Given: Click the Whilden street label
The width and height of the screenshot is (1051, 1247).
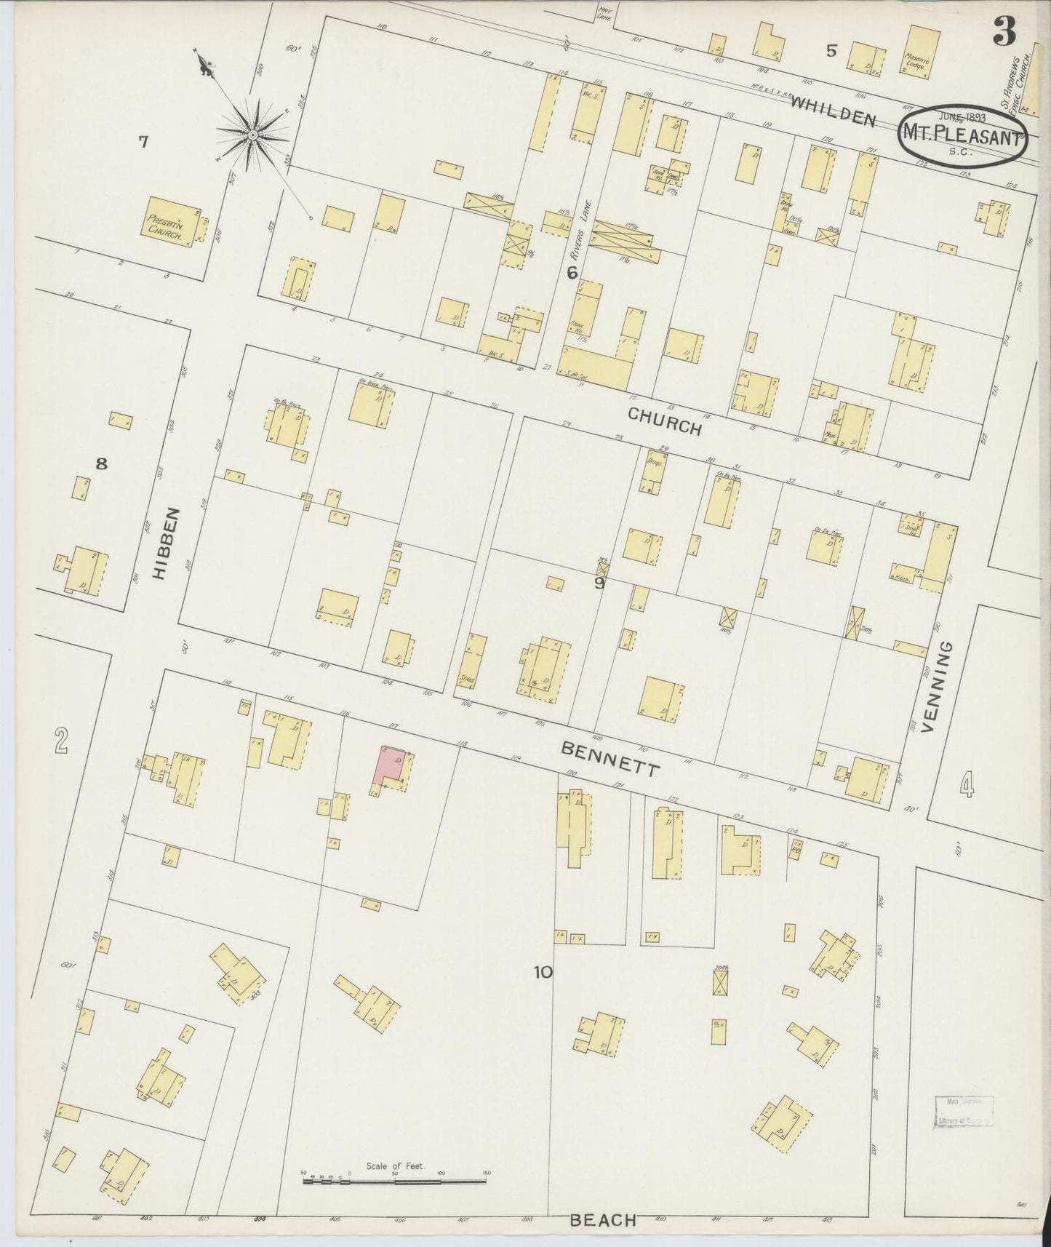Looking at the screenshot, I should point(833,110).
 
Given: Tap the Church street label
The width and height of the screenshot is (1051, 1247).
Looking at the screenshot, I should point(665,421).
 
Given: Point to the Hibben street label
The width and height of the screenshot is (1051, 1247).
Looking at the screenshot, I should point(162,543).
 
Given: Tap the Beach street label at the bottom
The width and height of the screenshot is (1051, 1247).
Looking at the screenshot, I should point(603,1219).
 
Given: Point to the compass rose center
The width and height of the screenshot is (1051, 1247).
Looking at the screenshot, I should point(252,135).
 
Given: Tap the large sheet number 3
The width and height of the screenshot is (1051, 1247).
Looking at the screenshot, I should point(1004,32).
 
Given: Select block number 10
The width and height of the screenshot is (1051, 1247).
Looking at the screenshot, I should point(543,971).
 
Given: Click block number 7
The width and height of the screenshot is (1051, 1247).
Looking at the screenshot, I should point(143,142).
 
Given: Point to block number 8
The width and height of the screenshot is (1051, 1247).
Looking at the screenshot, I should point(101,463).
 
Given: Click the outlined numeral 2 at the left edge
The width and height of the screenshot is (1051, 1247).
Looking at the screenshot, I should point(61,741).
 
